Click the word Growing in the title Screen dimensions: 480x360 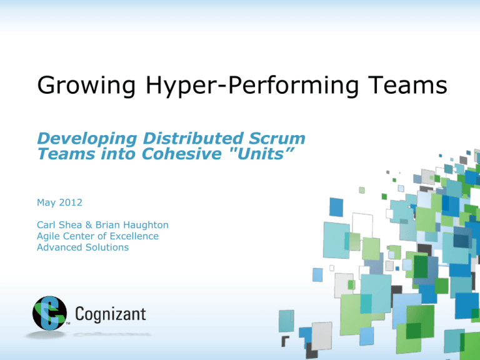[86, 86]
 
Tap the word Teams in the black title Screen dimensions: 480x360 [407, 84]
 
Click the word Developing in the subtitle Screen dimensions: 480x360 [87, 139]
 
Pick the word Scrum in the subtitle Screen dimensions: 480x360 [277, 138]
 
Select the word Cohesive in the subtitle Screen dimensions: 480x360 [181, 154]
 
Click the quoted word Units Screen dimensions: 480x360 [262, 154]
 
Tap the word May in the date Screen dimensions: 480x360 [46, 203]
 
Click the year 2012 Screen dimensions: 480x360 [71, 202]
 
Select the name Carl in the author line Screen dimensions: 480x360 [46, 225]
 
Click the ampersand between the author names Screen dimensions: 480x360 [89, 225]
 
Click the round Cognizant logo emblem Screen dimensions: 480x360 [49, 313]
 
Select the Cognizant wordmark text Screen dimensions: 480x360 [111, 314]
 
